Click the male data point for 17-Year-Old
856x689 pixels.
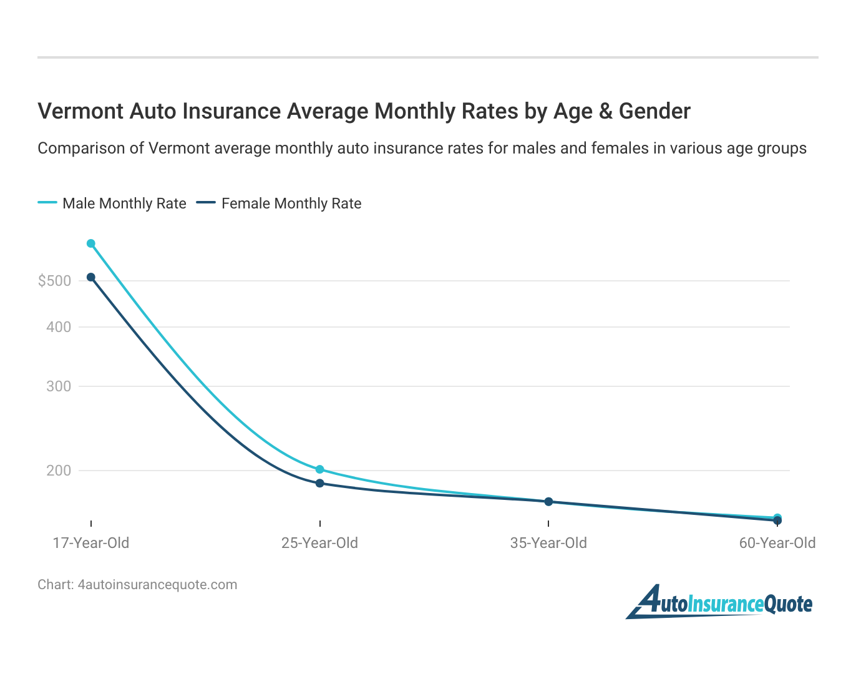pyautogui.click(x=91, y=243)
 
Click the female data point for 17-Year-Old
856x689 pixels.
pyautogui.click(x=91, y=277)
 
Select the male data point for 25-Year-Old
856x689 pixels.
pyautogui.click(x=319, y=469)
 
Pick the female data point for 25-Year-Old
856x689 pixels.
pyautogui.click(x=319, y=483)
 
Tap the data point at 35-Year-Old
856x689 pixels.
pyautogui.click(x=548, y=502)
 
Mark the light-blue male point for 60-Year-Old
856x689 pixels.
pyautogui.click(x=777, y=517)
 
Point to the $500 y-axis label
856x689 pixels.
pyautogui.click(x=55, y=281)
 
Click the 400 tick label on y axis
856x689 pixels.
pyautogui.click(x=59, y=327)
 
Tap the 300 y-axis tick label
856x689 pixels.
pyautogui.click(x=59, y=386)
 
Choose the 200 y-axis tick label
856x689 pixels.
pyautogui.click(x=59, y=471)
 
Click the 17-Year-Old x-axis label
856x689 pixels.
pyautogui.click(x=91, y=543)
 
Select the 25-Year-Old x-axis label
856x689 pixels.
pyautogui.click(x=319, y=543)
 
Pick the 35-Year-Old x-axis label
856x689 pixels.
pyautogui.click(x=548, y=543)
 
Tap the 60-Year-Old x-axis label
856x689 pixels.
pyautogui.click(x=777, y=543)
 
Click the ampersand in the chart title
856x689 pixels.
pyautogui.click(x=605, y=111)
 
